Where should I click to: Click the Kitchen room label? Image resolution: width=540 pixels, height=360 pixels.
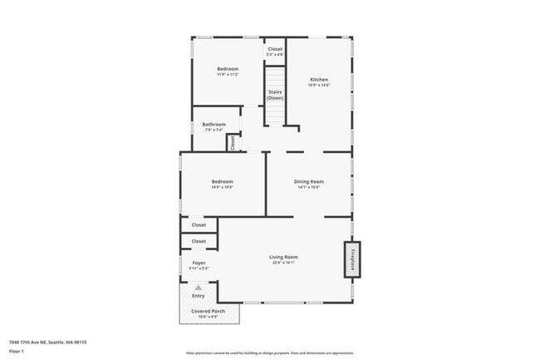(x=319, y=80)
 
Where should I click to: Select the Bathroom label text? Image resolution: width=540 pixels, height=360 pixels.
(x=214, y=125)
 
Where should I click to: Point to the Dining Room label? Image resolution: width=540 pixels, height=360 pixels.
(x=308, y=181)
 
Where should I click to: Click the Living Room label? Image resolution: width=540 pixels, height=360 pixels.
(x=283, y=257)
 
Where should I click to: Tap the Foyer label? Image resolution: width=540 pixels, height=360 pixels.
(x=199, y=263)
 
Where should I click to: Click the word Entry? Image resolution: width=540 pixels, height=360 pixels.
(x=199, y=295)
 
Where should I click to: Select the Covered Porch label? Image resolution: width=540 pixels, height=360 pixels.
(x=208, y=311)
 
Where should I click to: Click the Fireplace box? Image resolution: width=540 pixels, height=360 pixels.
(x=352, y=259)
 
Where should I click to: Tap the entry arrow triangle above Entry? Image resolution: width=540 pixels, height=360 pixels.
(x=198, y=287)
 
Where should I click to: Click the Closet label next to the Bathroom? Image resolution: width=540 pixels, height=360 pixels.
(x=233, y=143)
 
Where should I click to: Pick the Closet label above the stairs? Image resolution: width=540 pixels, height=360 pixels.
(x=275, y=49)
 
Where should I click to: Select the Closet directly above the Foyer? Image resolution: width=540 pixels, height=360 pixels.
(x=199, y=241)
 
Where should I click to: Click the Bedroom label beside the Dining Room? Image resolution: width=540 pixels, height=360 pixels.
(x=222, y=181)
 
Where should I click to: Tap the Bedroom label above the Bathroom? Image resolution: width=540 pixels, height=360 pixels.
(x=228, y=68)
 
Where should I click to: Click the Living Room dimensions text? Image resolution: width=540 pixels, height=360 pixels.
(x=283, y=263)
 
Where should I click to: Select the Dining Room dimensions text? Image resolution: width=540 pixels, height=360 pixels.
(x=308, y=187)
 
